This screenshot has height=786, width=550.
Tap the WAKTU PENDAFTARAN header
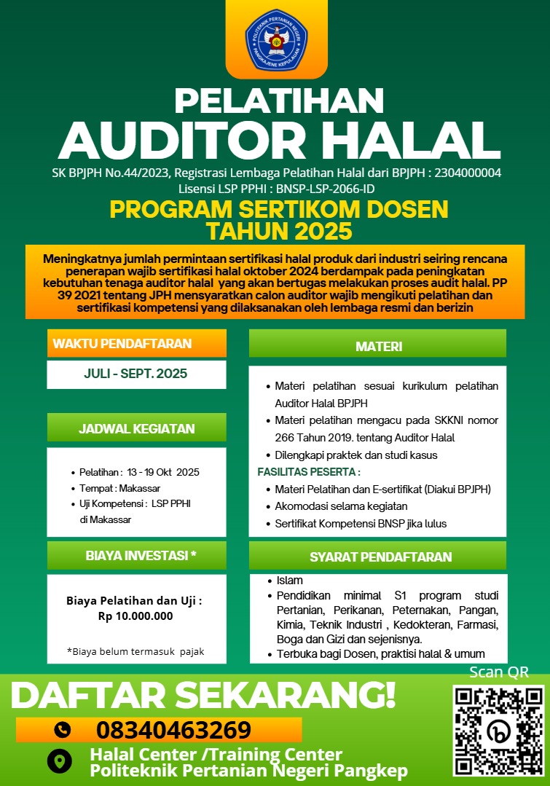coord(122,343)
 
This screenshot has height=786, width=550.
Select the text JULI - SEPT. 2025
coord(135,374)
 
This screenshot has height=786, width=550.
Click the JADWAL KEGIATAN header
coord(136,428)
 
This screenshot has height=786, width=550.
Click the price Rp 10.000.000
coord(135,616)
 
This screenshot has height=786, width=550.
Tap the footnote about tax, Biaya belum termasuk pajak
coord(135,651)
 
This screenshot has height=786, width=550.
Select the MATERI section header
coord(378,347)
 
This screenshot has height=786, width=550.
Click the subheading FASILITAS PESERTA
coord(309,471)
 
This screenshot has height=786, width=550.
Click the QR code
coord(498,730)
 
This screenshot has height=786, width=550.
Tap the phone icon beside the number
coord(63,729)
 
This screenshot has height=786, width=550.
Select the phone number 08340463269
coord(173,729)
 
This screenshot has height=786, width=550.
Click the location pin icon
coord(60,761)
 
